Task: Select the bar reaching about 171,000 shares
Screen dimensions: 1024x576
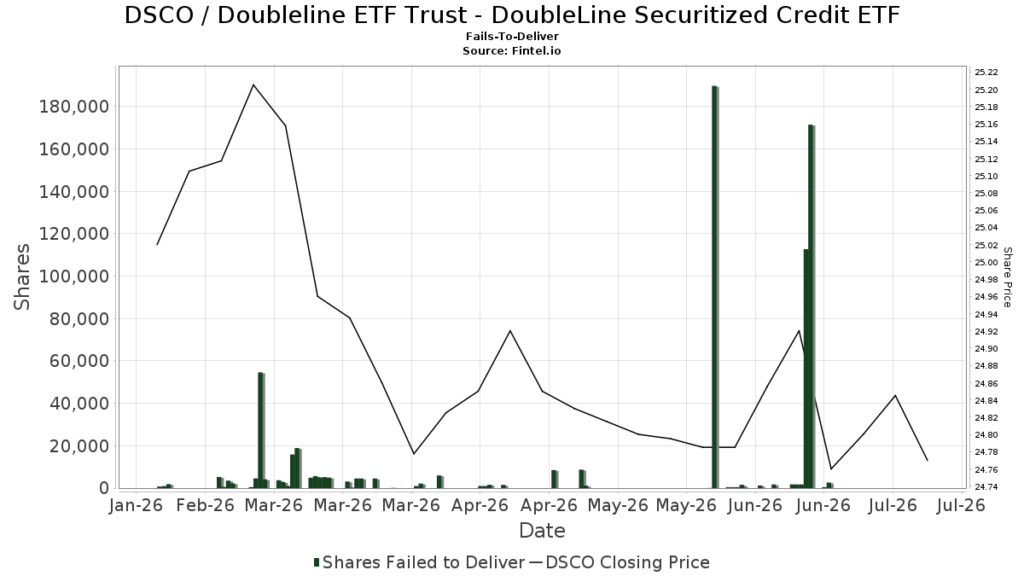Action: click(811, 306)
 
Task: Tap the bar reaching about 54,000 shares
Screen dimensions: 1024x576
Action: click(260, 430)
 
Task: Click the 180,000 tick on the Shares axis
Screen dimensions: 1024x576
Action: click(74, 107)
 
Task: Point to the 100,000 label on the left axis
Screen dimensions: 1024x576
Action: click(74, 276)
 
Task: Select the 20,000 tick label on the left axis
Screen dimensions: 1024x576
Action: click(79, 445)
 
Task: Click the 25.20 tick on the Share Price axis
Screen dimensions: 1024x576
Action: click(986, 90)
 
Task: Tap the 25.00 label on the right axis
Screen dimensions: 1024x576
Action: click(986, 263)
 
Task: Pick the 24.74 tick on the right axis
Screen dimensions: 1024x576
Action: click(986, 487)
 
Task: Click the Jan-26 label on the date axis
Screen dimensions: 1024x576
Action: click(137, 505)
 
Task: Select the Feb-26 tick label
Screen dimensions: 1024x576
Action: click(206, 505)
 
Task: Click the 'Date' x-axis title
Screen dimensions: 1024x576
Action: click(542, 531)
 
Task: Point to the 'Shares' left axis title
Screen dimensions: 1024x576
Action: click(21, 277)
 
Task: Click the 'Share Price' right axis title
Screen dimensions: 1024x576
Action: click(1007, 277)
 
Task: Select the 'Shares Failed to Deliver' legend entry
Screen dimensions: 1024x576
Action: click(419, 562)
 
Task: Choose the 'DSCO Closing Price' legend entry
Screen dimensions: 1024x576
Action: click(619, 562)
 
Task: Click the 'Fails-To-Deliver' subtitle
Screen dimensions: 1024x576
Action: click(512, 36)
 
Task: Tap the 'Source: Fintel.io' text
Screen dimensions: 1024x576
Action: click(512, 50)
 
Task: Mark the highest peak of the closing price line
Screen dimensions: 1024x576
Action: click(253, 84)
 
